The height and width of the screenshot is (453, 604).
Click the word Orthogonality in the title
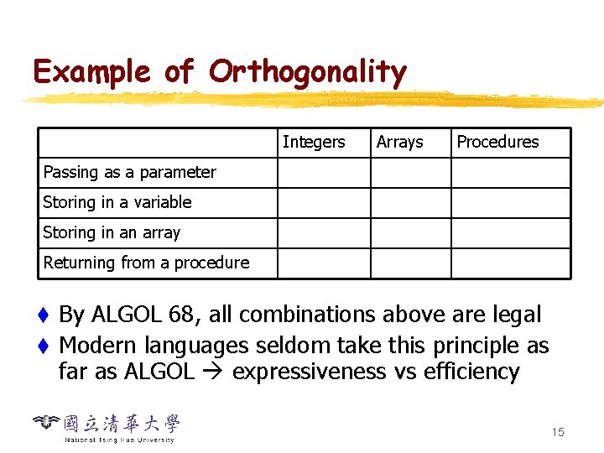pyautogui.click(x=307, y=73)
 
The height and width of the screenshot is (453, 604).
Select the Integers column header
pyautogui.click(x=313, y=143)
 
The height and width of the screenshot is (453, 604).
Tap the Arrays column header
pyautogui.click(x=399, y=143)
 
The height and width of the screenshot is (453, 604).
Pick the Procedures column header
pyautogui.click(x=497, y=143)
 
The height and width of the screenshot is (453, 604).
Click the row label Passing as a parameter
pyautogui.click(x=129, y=173)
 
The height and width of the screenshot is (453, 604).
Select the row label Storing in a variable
pyautogui.click(x=117, y=203)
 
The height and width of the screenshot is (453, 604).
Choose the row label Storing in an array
pyautogui.click(x=112, y=233)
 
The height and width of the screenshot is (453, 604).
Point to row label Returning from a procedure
pyautogui.click(x=146, y=263)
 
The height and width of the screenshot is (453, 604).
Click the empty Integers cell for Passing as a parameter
pyautogui.click(x=324, y=173)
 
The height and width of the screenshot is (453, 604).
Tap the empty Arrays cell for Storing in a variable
pyautogui.click(x=411, y=203)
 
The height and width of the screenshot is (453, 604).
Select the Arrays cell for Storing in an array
pyautogui.click(x=411, y=233)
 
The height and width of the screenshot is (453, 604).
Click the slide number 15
pyautogui.click(x=558, y=432)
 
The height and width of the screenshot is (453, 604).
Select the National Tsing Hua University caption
pyautogui.click(x=119, y=440)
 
